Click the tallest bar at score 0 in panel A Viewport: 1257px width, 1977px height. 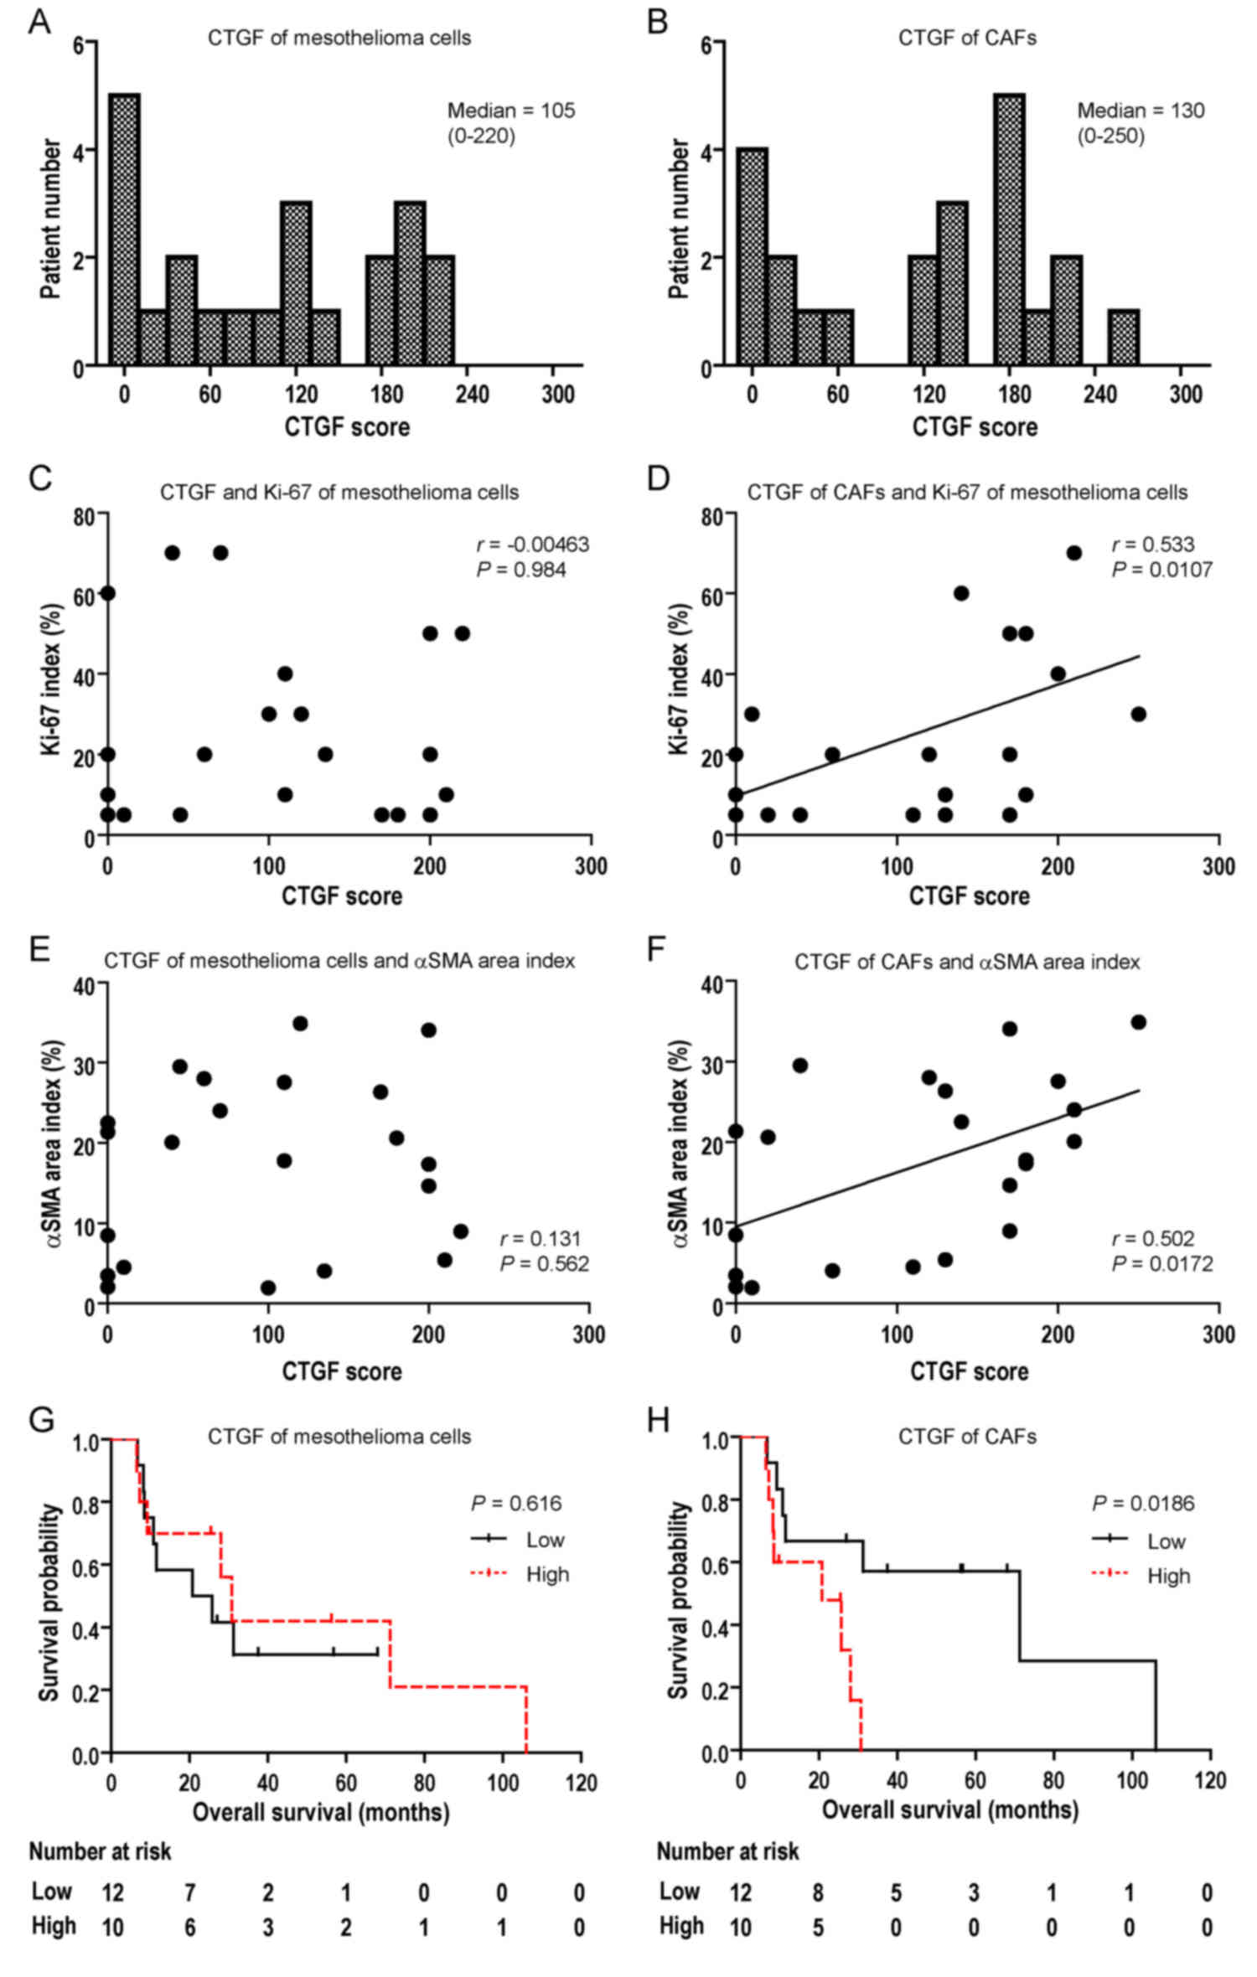124,230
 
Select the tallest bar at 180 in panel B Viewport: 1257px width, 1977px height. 1009,230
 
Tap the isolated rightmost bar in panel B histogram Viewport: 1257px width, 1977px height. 1123,338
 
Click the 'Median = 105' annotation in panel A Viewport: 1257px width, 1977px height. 511,111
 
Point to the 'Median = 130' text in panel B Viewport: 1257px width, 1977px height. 1141,111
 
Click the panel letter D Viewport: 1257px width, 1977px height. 659,479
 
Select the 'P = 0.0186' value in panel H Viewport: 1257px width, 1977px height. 1143,1503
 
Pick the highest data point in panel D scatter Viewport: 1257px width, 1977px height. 1073,553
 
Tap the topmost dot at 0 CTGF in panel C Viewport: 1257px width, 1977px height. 107,593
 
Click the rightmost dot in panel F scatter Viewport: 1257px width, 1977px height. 1138,1022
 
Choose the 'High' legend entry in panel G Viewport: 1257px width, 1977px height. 547,1574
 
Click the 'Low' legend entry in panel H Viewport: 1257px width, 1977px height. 1166,1541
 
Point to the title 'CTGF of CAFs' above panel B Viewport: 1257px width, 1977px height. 967,38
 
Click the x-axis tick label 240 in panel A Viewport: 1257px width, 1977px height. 472,394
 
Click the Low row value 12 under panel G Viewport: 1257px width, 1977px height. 112,1892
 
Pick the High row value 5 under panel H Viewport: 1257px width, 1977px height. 818,1927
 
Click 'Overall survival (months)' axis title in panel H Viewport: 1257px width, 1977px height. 949,1809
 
